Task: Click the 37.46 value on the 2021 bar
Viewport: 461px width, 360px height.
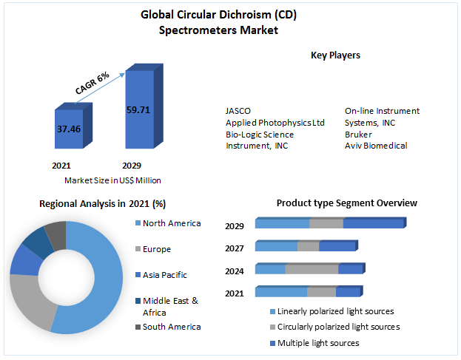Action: tap(69, 128)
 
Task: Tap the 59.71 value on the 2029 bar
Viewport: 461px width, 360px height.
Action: tap(138, 110)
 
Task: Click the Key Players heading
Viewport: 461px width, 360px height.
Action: tap(335, 55)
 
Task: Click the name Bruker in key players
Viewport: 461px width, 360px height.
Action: tap(359, 135)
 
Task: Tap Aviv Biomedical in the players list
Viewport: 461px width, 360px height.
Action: tap(376, 146)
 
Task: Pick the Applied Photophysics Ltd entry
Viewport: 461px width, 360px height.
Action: tap(275, 123)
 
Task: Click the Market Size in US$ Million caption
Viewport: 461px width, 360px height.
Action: tap(112, 180)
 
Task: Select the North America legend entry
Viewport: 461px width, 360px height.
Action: tap(171, 223)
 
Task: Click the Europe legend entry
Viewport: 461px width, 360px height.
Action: tap(158, 249)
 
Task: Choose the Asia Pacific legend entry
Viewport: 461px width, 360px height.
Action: tap(164, 275)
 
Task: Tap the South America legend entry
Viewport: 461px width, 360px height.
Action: tap(171, 327)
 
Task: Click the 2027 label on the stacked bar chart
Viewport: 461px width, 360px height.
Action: tap(235, 249)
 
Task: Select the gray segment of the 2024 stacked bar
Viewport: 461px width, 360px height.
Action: tap(312, 269)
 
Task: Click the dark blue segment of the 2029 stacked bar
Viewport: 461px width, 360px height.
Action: tap(373, 224)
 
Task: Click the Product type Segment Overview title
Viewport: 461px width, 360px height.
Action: tap(346, 203)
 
